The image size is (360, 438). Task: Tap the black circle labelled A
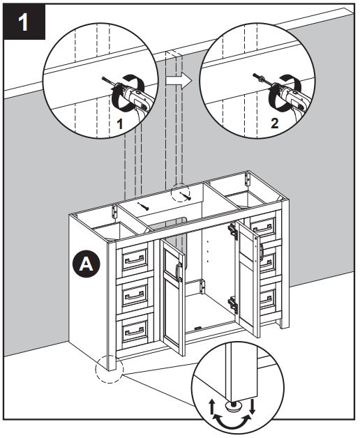85,264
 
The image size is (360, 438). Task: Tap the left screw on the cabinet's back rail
145,206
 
